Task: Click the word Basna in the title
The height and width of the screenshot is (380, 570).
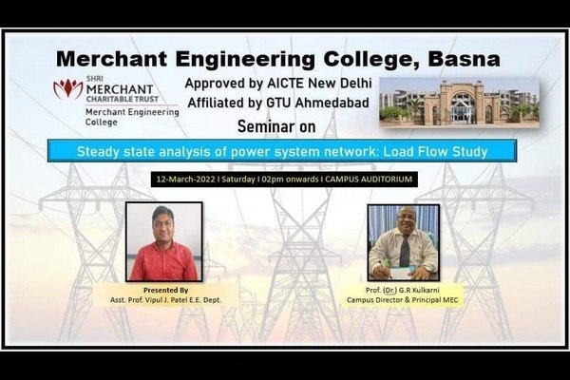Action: point(464,59)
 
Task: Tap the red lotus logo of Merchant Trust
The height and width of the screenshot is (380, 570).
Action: point(68,88)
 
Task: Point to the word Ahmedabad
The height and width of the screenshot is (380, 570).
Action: point(332,103)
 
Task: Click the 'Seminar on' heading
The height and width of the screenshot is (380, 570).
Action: point(276,126)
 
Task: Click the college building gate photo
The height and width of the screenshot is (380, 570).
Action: point(459,102)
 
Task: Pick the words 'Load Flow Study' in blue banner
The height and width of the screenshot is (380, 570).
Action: point(435,151)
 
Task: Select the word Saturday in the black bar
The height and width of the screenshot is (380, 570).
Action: point(238,180)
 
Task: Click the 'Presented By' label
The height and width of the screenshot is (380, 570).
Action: point(165,290)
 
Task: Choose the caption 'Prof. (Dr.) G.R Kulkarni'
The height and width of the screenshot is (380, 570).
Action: point(403,290)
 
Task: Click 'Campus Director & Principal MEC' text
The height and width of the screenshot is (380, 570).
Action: point(403,300)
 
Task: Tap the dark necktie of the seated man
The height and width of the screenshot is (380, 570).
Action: point(405,251)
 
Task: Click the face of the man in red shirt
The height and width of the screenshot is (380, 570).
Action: point(163,223)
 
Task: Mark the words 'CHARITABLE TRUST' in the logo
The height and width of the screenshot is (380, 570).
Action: point(123,99)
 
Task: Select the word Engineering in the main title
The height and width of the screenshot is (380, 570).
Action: point(245,60)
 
